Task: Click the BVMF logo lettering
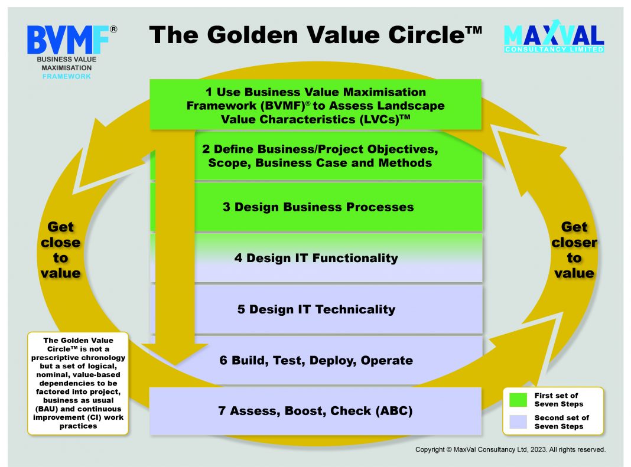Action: (68, 40)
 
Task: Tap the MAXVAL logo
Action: (554, 36)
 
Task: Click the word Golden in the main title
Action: (252, 35)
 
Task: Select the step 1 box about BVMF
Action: (316, 104)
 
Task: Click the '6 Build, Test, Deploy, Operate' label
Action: (316, 360)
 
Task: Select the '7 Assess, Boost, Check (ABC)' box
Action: (316, 411)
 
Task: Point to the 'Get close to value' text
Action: (60, 250)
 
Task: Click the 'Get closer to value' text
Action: (574, 250)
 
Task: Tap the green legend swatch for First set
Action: (518, 400)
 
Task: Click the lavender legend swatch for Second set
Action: (518, 422)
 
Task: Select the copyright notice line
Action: (510, 449)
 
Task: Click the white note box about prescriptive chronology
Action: (78, 383)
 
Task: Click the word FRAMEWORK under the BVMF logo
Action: (66, 76)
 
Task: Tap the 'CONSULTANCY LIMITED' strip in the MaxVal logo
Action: (554, 50)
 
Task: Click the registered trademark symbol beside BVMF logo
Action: (113, 30)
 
